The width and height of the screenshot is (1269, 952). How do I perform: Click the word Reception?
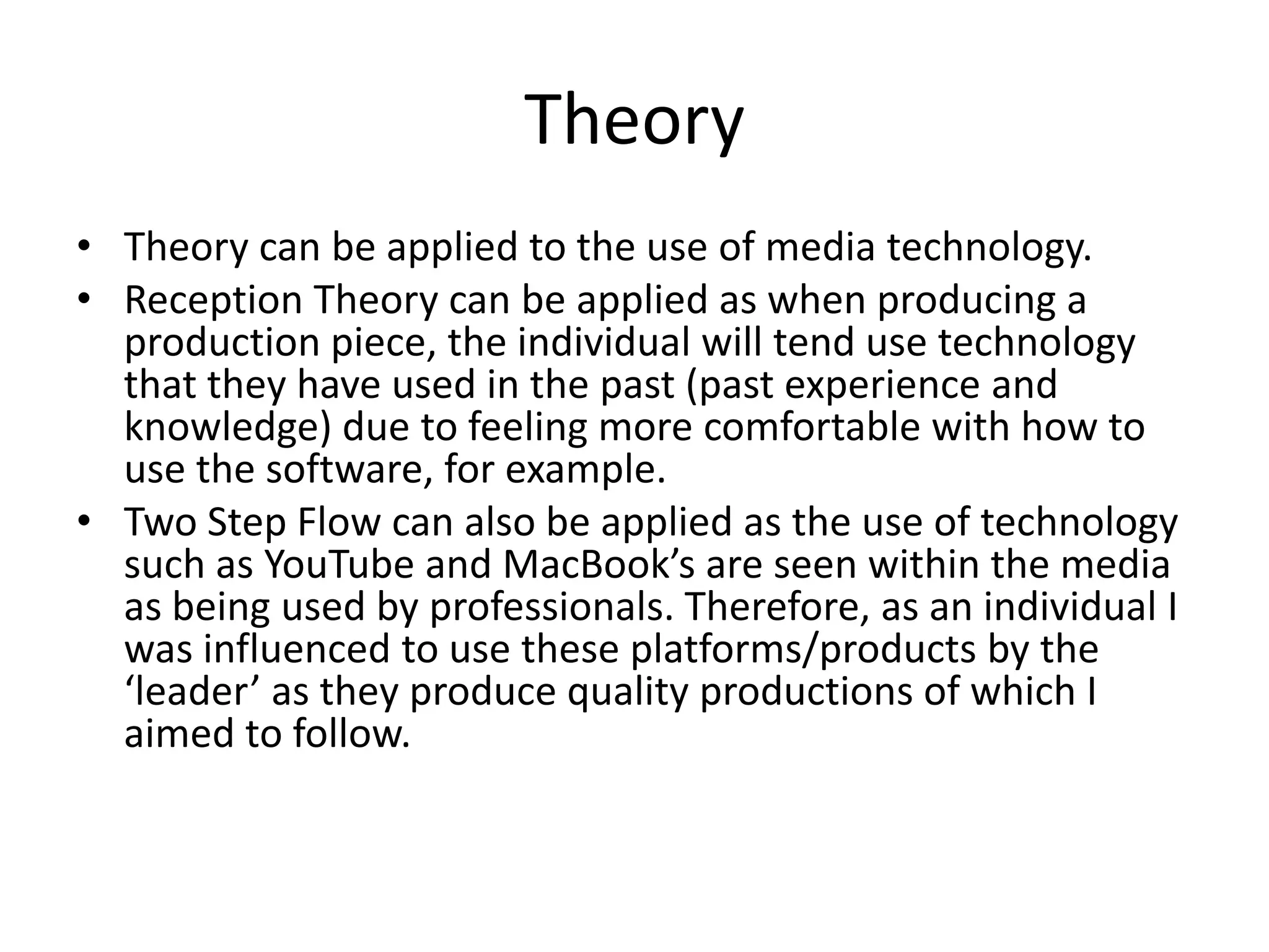(213, 301)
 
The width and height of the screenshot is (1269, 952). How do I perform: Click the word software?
(347, 470)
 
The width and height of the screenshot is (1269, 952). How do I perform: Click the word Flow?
(338, 522)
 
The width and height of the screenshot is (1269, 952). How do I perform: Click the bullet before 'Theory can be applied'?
(84, 246)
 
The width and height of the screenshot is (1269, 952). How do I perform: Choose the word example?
(585, 470)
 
